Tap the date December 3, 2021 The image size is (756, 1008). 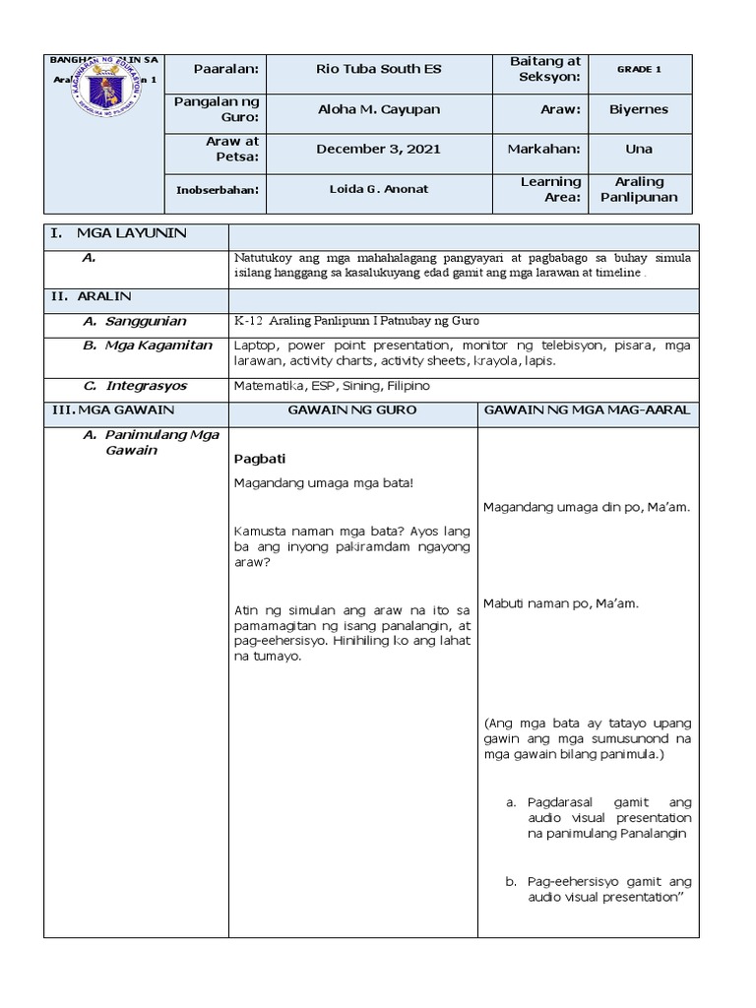click(378, 150)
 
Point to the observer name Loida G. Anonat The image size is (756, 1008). click(378, 190)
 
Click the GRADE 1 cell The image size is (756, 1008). click(639, 69)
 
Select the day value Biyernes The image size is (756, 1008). click(639, 109)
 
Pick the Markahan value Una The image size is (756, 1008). click(639, 150)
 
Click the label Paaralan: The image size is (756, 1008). click(225, 69)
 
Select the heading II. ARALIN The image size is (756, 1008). click(95, 295)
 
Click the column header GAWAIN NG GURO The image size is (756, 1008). click(351, 409)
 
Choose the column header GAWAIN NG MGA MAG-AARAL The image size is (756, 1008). click(588, 409)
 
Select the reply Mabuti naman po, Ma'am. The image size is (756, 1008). click(561, 603)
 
